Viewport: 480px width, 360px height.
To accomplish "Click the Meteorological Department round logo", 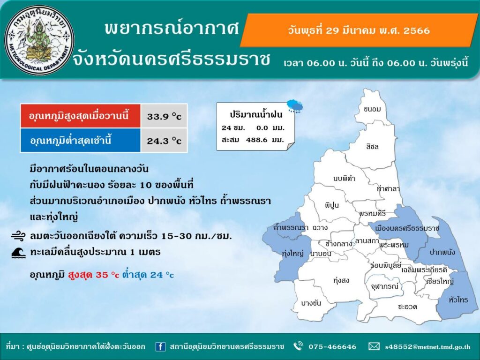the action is tap(39, 40).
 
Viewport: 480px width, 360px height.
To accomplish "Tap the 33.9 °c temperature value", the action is tap(164, 116).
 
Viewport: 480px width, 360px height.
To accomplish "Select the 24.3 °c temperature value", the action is tap(164, 141).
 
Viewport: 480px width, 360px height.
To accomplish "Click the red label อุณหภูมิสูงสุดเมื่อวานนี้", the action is tap(79, 116).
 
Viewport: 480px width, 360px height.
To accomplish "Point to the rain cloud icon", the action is tap(295, 106).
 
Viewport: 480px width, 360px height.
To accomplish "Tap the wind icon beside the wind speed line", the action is tap(19, 236).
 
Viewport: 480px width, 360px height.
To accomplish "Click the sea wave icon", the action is tap(18, 253).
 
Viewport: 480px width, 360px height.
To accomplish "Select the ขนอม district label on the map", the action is tap(372, 109).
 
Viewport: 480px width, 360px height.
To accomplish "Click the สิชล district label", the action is tap(372, 147).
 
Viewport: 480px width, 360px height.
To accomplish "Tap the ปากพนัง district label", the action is tap(442, 252).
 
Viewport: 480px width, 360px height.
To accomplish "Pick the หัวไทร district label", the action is tap(458, 300).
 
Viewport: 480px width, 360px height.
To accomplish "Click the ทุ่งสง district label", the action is tap(341, 280).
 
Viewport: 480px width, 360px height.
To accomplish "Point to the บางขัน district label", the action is tap(311, 303).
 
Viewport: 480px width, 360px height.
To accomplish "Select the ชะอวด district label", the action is tap(407, 307).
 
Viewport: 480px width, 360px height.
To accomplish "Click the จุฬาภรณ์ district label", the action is tap(385, 286).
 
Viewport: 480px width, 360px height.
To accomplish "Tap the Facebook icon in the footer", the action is tap(160, 346).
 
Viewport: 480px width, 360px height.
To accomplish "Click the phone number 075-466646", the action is tap(332, 346).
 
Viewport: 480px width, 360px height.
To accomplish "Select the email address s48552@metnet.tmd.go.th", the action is tap(427, 347).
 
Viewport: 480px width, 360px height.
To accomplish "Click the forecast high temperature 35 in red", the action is tap(101, 275).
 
